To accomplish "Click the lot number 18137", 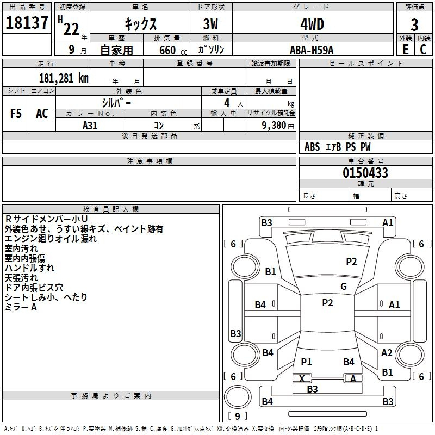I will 27,24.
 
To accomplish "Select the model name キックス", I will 140,25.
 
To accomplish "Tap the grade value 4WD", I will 312,25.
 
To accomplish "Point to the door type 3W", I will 212,25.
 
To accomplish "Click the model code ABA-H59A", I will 312,49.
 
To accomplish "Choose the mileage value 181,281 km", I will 64,78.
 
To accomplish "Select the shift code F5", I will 16,114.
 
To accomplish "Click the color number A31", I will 90,125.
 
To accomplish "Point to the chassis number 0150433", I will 365,173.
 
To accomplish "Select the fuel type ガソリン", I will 212,49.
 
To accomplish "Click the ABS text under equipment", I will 312,146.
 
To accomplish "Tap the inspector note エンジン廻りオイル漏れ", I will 51,238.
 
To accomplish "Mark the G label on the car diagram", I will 344,286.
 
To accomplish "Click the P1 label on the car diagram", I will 306,362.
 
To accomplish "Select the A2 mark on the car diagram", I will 387,352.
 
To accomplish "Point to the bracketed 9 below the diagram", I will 237,417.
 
